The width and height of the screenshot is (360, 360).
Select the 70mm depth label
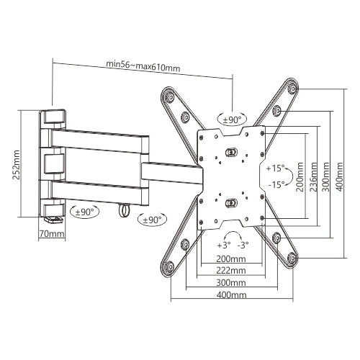coord(52,233)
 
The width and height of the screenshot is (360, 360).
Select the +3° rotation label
coord(223,245)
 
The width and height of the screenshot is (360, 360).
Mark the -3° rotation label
coord(243,245)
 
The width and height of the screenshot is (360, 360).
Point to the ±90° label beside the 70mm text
coord(86,212)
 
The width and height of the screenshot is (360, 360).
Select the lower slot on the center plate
coord(230,202)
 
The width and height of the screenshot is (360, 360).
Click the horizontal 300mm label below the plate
coord(231,282)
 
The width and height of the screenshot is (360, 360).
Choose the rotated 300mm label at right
coord(326,175)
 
